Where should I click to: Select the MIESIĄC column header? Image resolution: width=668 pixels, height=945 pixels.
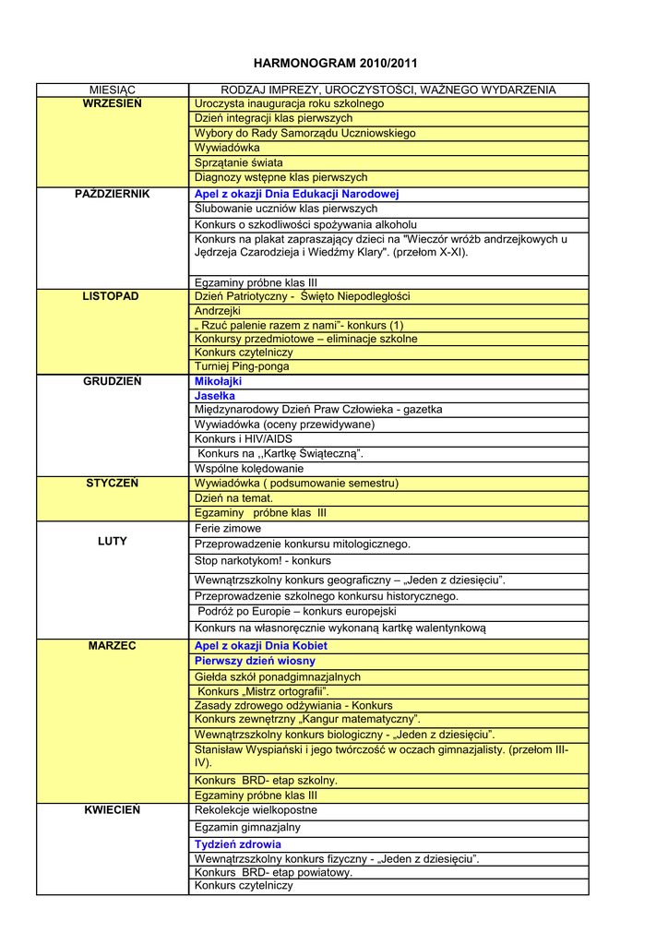coord(113,90)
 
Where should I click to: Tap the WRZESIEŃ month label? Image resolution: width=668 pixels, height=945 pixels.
coord(113,103)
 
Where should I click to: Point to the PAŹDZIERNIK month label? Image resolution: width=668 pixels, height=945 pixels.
coord(113,194)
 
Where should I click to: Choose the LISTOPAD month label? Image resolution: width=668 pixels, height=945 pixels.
coord(113,296)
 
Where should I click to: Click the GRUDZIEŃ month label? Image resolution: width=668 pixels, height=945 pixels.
coord(113,380)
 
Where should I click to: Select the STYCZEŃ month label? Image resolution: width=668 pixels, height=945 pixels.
coord(113,483)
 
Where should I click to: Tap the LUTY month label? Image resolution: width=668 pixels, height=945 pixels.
coord(113,541)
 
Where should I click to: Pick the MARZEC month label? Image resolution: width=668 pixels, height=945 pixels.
coord(113,645)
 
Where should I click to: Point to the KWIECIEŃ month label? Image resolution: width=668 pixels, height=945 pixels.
coord(113,809)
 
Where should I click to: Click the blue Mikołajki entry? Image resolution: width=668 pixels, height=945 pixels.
coord(218,380)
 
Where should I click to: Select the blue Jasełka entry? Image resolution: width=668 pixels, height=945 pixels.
coord(215,395)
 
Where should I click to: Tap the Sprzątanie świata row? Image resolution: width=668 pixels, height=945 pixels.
coord(239,162)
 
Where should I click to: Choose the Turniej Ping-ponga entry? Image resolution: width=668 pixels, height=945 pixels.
coord(242,366)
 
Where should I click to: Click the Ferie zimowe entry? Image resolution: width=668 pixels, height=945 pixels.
coord(228,529)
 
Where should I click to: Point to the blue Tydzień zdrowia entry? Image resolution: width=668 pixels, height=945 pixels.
coord(238,843)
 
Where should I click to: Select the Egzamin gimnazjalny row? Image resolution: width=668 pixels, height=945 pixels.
coord(248,828)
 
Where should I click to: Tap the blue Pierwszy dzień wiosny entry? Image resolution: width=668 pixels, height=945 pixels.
coord(255,661)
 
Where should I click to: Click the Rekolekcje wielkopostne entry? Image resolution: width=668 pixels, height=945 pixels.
coord(256,809)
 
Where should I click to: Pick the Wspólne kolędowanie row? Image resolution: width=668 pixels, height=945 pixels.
coord(249,468)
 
